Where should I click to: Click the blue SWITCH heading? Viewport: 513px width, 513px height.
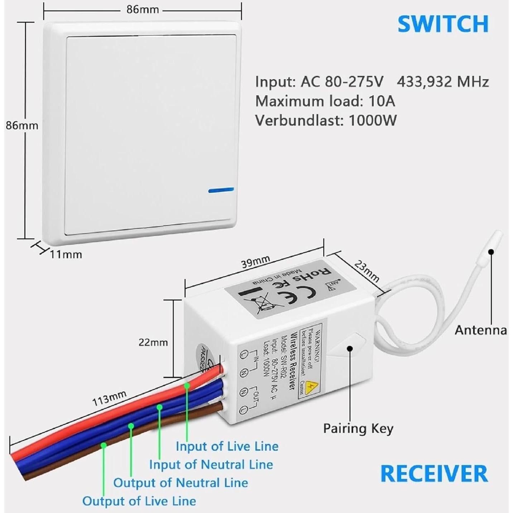point(443,24)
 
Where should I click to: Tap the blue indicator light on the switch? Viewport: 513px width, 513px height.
point(221,190)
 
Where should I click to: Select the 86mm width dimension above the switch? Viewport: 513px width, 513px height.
point(142,10)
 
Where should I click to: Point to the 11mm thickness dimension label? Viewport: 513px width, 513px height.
point(66,254)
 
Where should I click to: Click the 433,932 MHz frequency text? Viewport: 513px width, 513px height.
point(443,82)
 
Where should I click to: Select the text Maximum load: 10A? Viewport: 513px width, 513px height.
point(325,101)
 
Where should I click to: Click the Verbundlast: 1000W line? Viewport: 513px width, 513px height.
point(326,120)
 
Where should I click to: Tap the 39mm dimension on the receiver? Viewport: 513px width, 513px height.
point(255,262)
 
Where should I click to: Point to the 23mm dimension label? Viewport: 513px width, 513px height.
point(366,271)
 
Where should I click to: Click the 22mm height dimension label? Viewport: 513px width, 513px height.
point(153,342)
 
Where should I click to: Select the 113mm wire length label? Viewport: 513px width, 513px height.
point(109,398)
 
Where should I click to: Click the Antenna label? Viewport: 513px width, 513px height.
point(481,330)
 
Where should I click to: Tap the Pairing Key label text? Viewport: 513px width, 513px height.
point(358,428)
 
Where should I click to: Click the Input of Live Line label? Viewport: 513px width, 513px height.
point(227,446)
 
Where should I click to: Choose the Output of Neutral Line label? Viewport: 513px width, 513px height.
point(181,483)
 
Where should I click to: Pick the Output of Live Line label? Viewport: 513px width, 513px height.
point(139,501)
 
